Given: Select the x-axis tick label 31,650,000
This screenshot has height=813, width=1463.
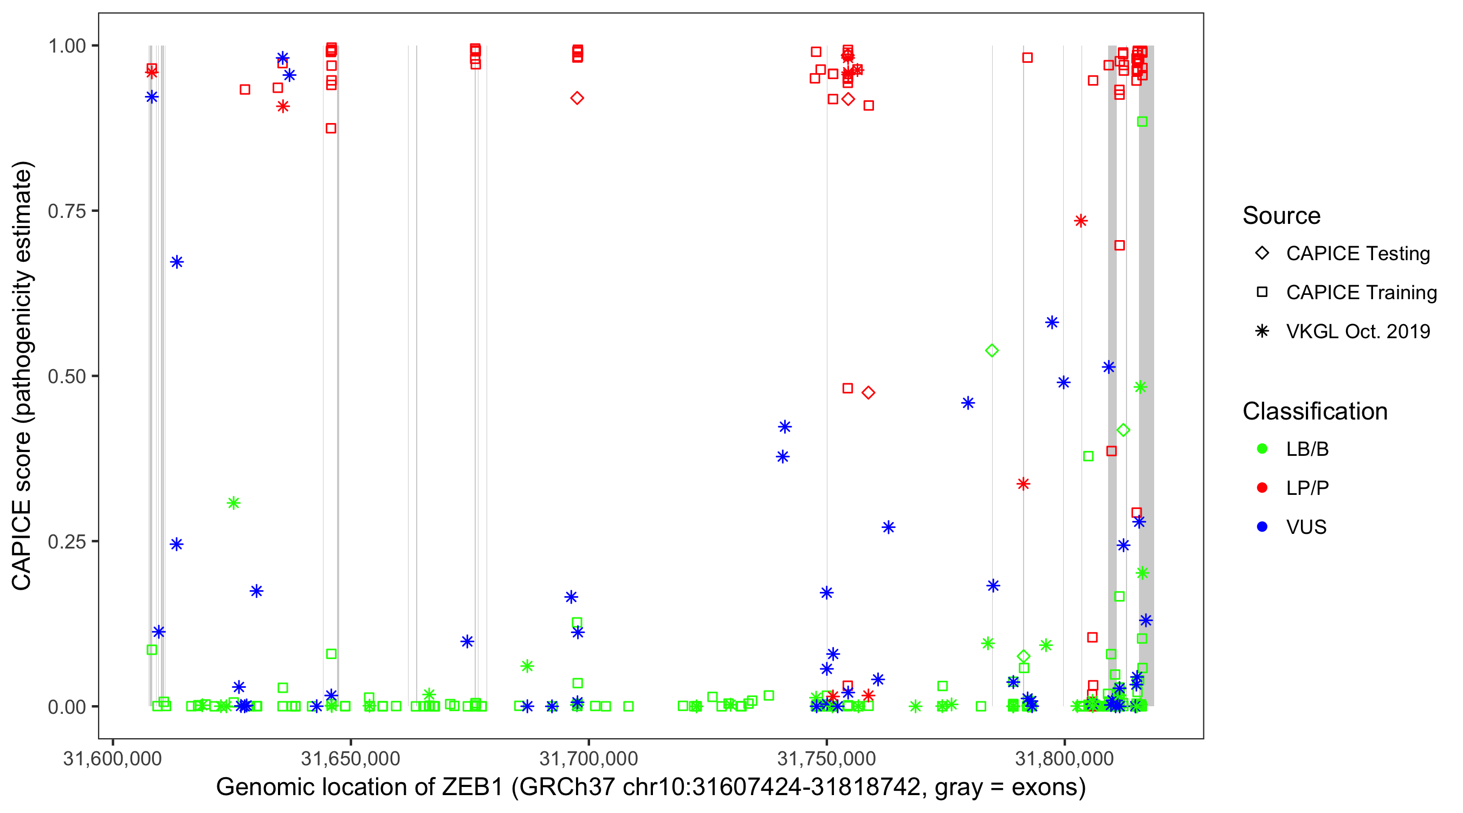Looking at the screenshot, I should click(x=351, y=758).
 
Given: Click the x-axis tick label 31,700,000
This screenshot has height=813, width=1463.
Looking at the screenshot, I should click(x=588, y=758).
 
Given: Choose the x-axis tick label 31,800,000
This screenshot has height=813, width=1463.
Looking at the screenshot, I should click(x=1064, y=758).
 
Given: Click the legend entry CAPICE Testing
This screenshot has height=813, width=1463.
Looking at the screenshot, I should click(x=1357, y=254).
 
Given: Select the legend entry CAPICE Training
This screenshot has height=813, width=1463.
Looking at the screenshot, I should click(x=1361, y=293).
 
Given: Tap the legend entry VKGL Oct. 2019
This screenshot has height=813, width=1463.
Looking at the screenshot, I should click(x=1357, y=331).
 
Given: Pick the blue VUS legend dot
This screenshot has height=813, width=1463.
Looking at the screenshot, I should click(x=1262, y=527).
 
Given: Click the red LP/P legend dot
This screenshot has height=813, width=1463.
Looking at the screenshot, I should click(x=1262, y=488).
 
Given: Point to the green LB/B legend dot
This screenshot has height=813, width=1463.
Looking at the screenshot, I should click(x=1262, y=449).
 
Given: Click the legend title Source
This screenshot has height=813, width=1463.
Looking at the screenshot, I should click(x=1281, y=216).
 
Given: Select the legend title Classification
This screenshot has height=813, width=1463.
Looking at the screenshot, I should click(x=1315, y=411).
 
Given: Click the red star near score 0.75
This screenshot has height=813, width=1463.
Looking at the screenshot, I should click(x=1080, y=221).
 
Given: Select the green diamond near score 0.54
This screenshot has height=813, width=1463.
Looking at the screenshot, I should click(x=992, y=351).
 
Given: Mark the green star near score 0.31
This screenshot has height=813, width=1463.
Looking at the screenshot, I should click(x=234, y=503).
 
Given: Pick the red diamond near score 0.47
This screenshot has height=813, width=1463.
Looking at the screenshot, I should click(x=868, y=392).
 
